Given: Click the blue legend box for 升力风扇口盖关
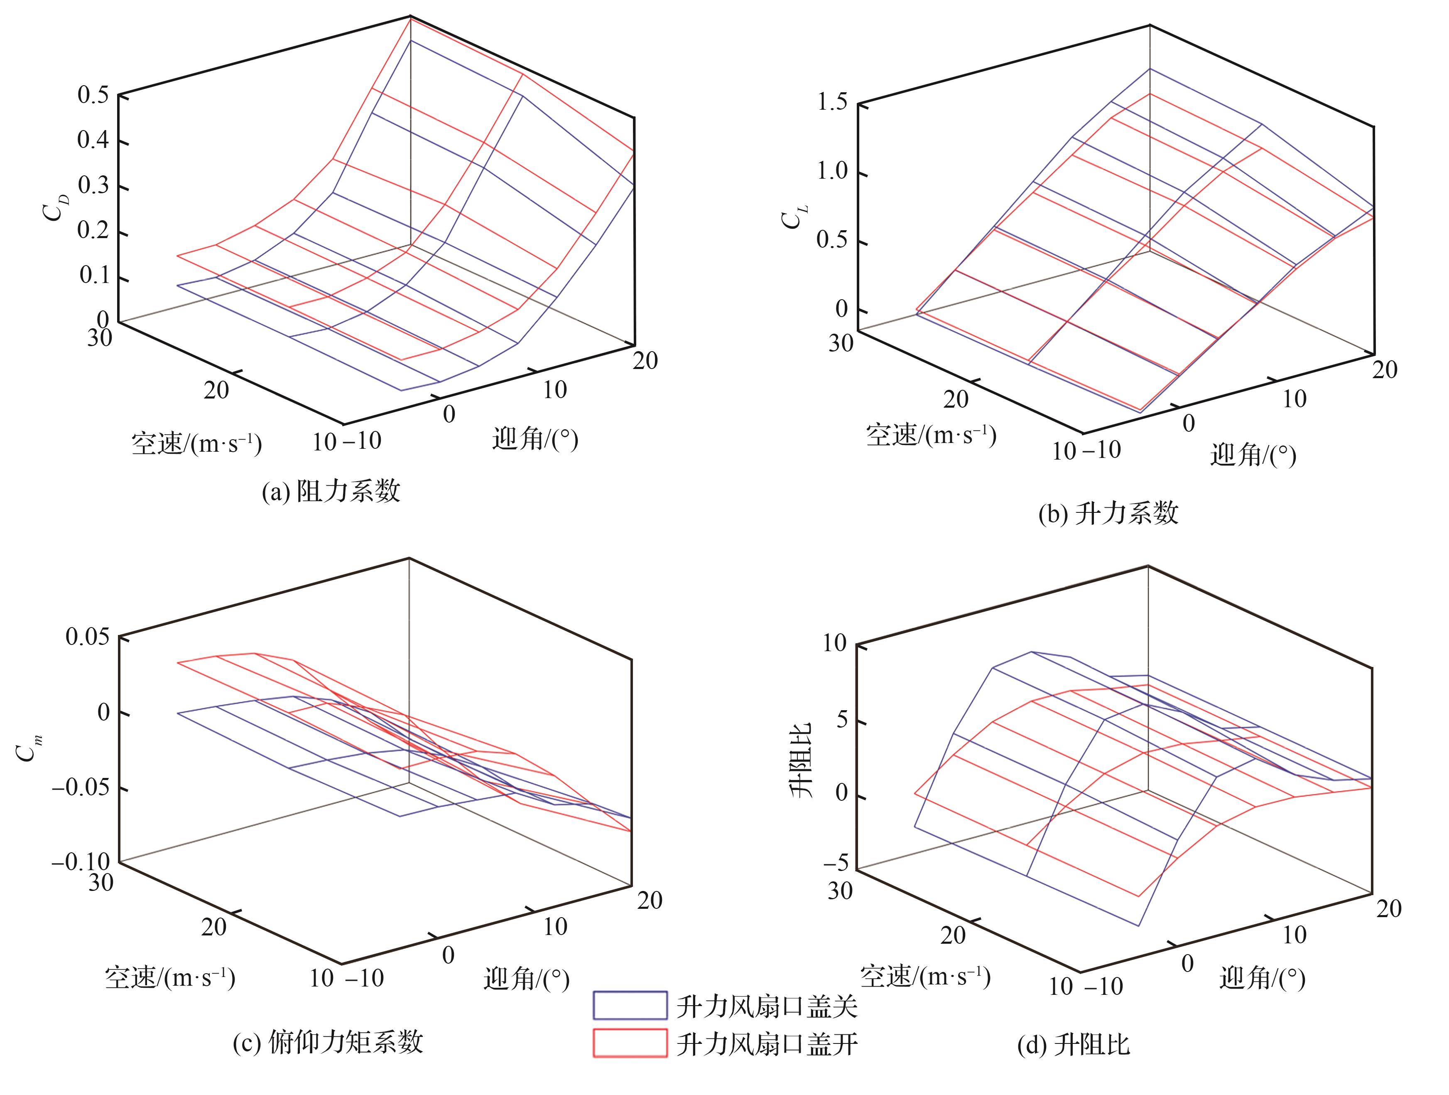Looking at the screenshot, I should pyautogui.click(x=630, y=1004).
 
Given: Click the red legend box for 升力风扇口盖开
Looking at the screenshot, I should pyautogui.click(x=630, y=1043).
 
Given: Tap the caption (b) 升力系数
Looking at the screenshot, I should pyautogui.click(x=1108, y=513).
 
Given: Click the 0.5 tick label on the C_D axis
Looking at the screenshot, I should pyautogui.click(x=94, y=95).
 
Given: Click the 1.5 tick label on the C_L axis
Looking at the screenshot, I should pyautogui.click(x=832, y=102).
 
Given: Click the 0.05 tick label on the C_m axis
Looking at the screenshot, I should pyautogui.click(x=88, y=636).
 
